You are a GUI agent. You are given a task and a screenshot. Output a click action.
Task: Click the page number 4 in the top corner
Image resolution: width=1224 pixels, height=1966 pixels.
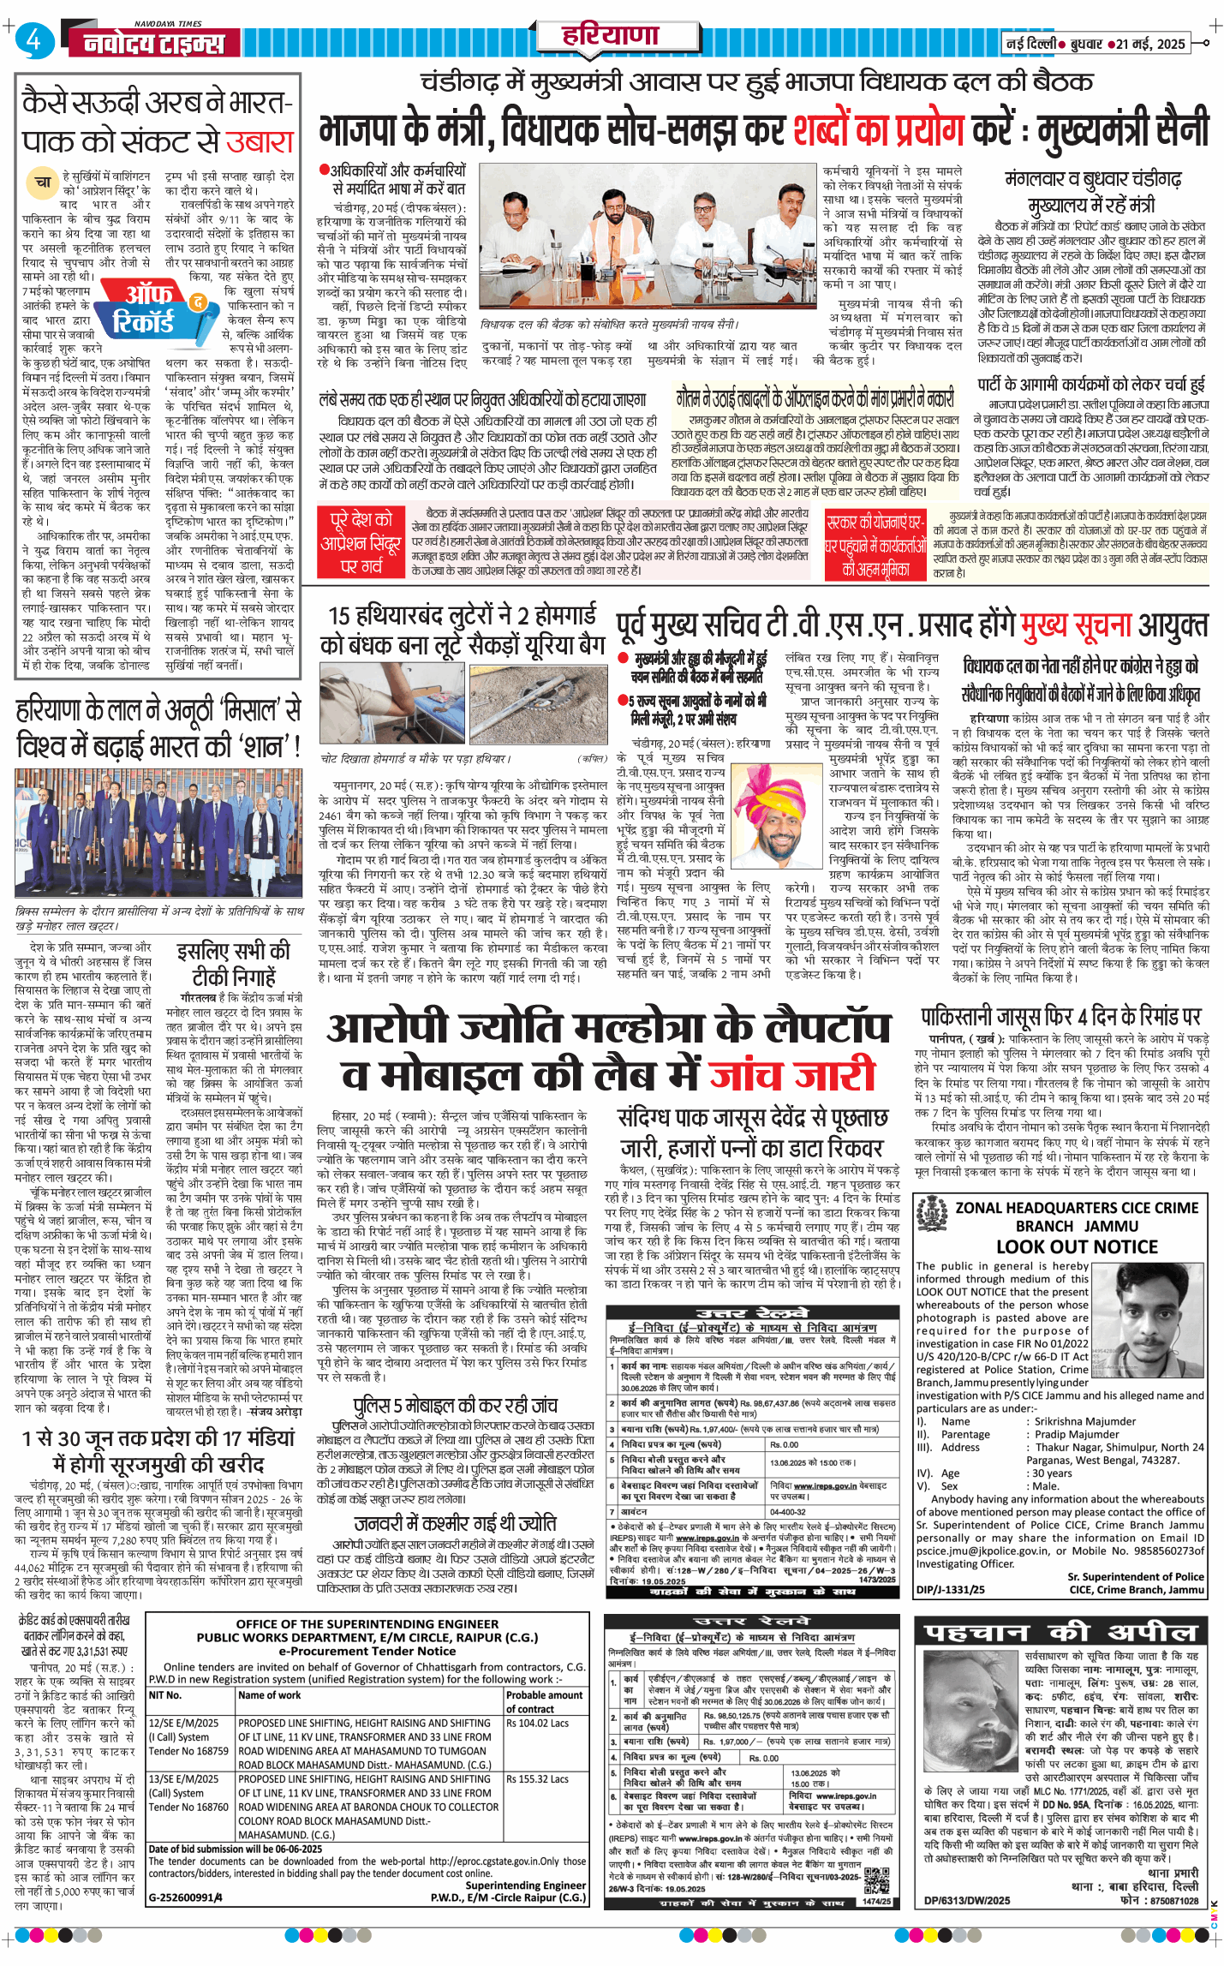33,40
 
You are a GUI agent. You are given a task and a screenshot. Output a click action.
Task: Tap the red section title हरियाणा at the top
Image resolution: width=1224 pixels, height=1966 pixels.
610,36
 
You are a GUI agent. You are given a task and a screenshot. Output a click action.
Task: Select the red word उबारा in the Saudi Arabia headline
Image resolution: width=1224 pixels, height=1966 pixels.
260,141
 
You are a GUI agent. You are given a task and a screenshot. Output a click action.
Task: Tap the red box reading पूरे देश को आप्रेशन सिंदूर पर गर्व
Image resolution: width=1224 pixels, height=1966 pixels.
361,541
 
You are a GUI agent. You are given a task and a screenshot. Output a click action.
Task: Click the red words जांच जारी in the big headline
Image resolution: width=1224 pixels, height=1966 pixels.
792,1074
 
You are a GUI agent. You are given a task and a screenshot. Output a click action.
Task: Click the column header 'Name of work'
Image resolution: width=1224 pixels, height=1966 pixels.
270,1694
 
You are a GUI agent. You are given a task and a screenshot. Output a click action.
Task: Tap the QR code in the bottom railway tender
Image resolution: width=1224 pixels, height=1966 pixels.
877,1877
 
